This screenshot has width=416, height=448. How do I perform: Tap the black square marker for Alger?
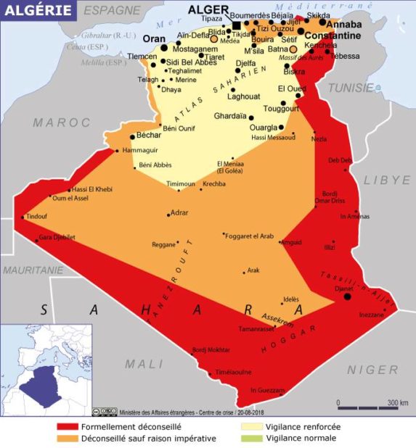point(237,26)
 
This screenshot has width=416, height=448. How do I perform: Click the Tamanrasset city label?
point(257,328)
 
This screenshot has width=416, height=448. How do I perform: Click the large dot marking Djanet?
point(347,296)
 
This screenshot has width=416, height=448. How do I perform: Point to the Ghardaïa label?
point(230,116)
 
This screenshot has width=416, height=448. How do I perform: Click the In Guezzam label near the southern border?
point(268,390)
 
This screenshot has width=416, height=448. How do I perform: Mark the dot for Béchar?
point(131,136)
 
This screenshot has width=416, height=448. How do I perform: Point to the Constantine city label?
point(331,36)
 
